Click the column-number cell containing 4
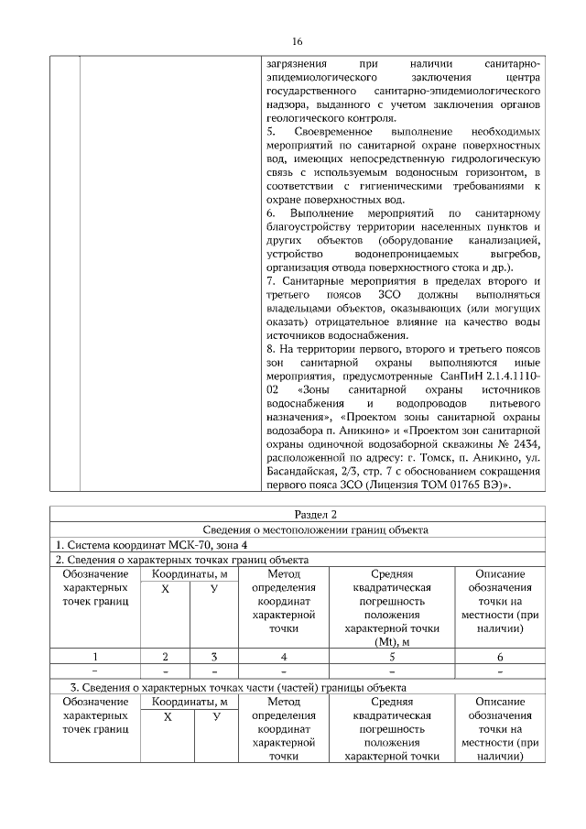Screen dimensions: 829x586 (284, 656)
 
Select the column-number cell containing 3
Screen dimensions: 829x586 (213, 656)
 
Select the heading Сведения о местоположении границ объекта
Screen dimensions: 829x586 (296, 529)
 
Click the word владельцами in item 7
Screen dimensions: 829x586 (297, 310)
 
